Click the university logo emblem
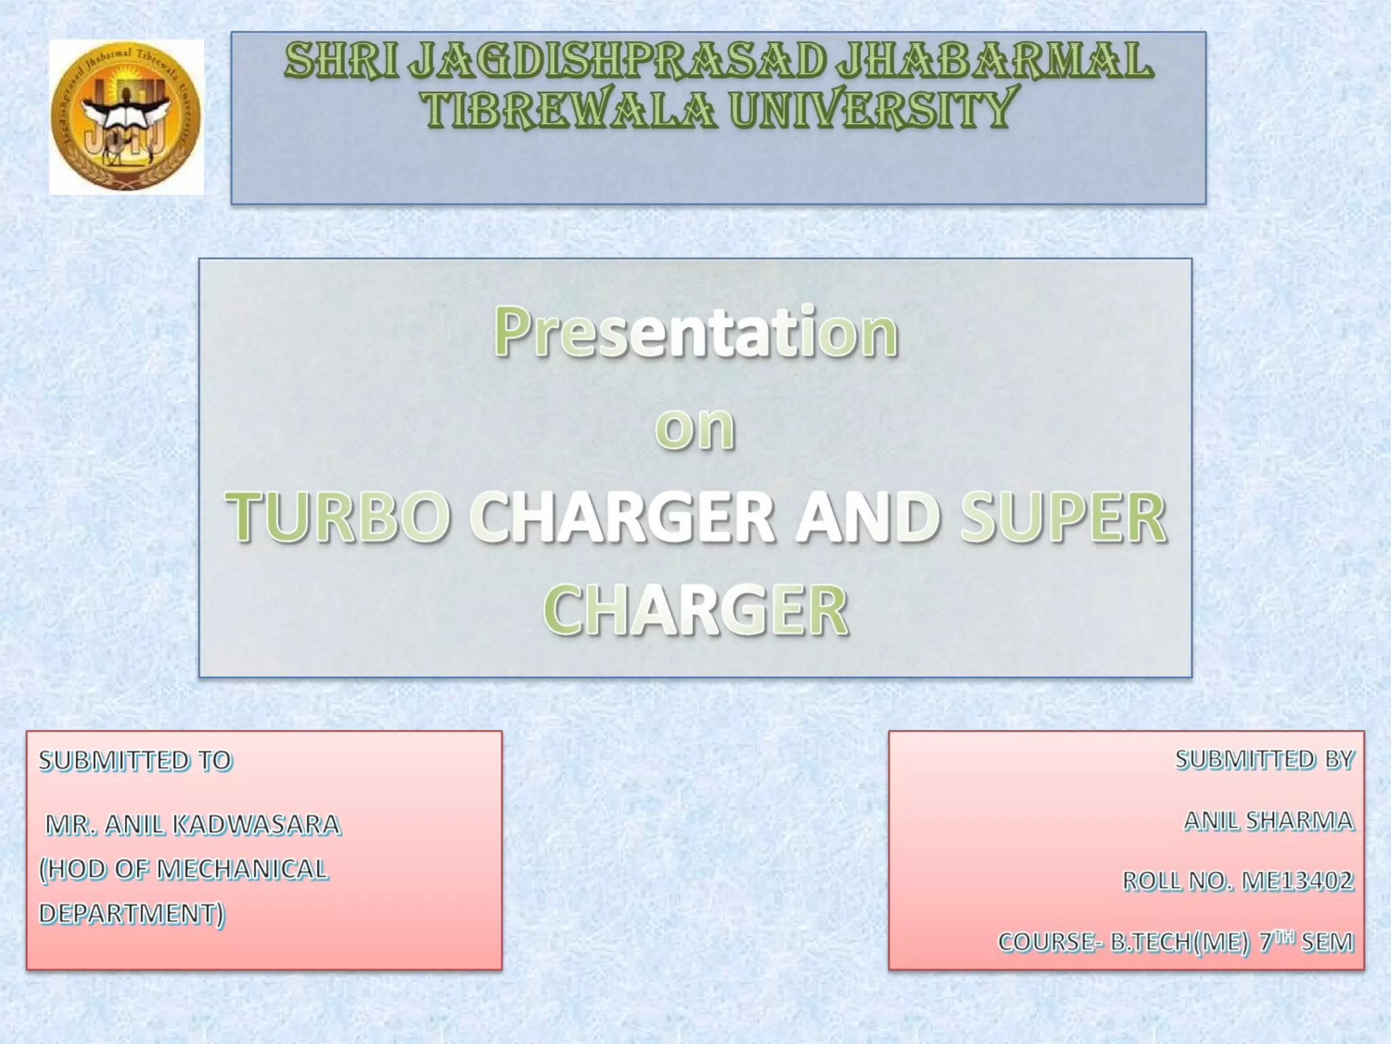(x=126, y=117)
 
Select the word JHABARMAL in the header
(x=994, y=61)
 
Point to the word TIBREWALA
(x=569, y=109)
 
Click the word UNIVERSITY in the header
(x=874, y=109)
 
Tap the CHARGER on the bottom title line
(x=695, y=610)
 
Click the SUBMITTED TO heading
(x=135, y=761)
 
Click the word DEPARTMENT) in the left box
(x=131, y=913)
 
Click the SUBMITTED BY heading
(x=1265, y=759)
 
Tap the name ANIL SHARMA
(x=1269, y=821)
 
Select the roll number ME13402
(x=1297, y=881)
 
